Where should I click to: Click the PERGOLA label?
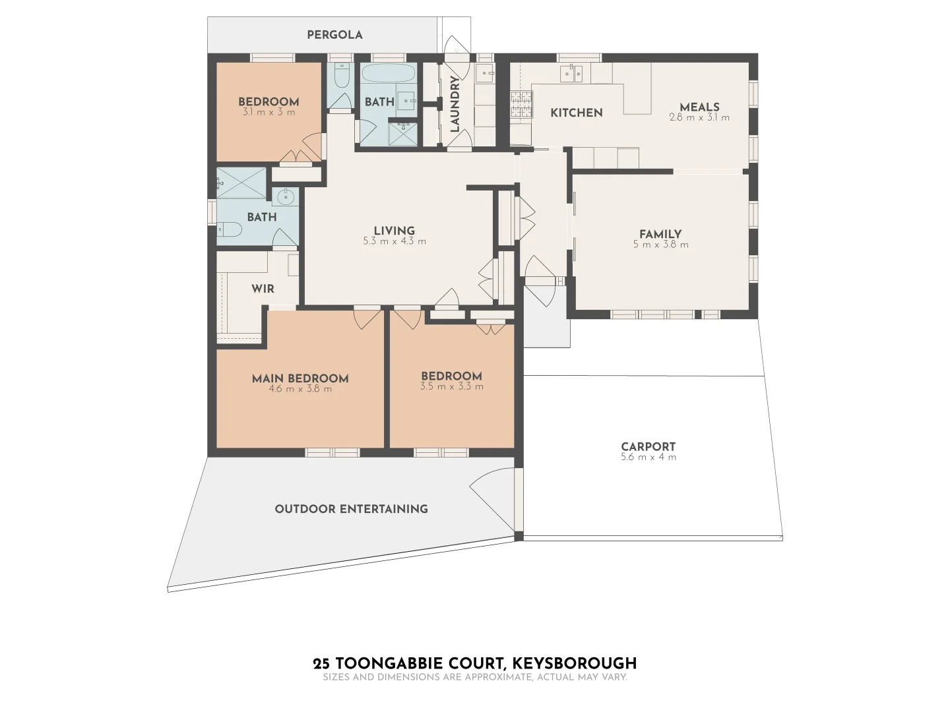coord(334,35)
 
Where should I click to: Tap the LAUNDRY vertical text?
coord(455,104)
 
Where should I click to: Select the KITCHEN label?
coord(576,113)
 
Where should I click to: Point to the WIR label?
coord(263,289)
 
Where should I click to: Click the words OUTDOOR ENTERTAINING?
coord(351,509)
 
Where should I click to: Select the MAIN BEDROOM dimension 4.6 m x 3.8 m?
coord(300,389)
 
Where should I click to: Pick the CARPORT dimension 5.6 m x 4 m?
coord(648,457)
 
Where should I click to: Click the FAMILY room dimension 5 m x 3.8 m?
coord(660,245)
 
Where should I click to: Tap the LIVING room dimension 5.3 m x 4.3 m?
coord(394,241)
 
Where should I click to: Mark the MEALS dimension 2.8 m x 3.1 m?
coord(699,118)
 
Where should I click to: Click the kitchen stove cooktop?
coord(521,105)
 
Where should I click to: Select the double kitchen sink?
coord(571,74)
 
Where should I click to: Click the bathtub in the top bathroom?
coord(388,73)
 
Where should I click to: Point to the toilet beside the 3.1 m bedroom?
coord(342,78)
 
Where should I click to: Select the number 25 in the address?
coord(321,663)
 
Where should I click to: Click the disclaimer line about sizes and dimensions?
coord(474,677)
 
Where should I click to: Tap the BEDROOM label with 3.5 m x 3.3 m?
coord(451,376)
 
